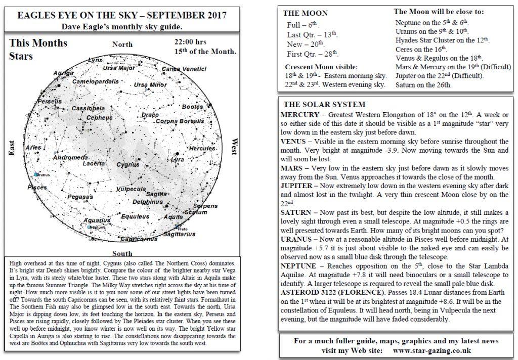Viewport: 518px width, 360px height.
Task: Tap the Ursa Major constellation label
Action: coord(119,68)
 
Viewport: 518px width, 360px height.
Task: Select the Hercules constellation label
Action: coord(202,148)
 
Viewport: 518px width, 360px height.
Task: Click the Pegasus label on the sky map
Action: coord(80,197)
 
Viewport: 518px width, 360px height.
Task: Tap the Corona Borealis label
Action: coord(180,121)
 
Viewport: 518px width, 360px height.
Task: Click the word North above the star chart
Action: coord(122,44)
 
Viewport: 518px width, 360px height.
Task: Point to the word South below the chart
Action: coord(122,253)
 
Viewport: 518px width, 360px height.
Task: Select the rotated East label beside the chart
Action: coord(12,148)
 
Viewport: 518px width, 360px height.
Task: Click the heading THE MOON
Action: coord(305,13)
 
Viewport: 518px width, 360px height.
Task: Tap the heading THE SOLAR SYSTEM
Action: coord(324,105)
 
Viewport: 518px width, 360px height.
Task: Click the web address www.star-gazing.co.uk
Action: coord(432,350)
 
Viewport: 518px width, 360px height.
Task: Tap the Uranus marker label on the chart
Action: coord(43,174)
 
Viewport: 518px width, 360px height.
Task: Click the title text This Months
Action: coord(38,43)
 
